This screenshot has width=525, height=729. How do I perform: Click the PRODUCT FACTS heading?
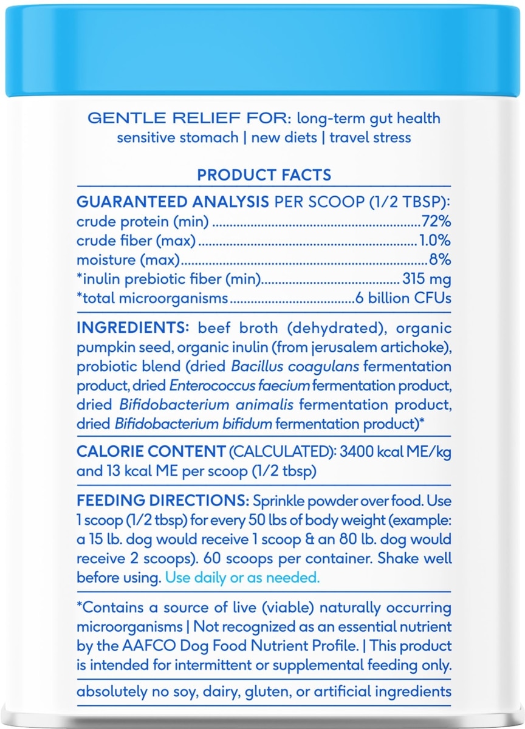pos(264,175)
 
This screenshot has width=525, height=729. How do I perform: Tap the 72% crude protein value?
pos(436,222)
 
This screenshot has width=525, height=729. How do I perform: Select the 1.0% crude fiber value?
pos(435,241)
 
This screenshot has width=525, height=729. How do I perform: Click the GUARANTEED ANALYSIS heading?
pos(173,202)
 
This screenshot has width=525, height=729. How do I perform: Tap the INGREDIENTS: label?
pos(133,329)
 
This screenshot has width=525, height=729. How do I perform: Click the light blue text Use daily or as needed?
pos(242,578)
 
